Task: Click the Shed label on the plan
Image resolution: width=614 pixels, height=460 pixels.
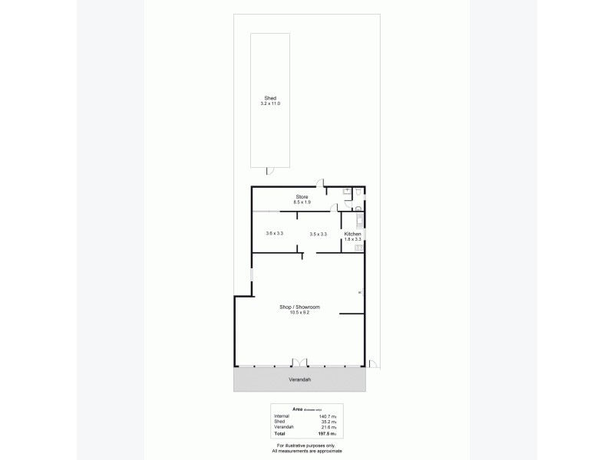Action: click(x=270, y=98)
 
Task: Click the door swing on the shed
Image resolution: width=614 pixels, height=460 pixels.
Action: click(x=268, y=170)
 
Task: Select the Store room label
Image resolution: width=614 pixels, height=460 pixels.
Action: click(x=302, y=197)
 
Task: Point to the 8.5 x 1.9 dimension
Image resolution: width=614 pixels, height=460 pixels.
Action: click(x=302, y=202)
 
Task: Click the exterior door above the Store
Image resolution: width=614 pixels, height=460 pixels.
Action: click(x=322, y=184)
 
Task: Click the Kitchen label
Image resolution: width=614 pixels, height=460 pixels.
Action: click(x=352, y=234)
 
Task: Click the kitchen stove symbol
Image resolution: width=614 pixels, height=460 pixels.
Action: click(x=358, y=248)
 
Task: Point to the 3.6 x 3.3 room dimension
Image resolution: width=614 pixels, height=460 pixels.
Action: click(x=275, y=234)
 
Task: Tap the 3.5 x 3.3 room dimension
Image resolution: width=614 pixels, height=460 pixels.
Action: click(x=319, y=234)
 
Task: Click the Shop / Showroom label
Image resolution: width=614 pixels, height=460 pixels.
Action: click(x=299, y=307)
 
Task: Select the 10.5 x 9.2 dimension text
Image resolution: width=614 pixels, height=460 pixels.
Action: click(x=299, y=312)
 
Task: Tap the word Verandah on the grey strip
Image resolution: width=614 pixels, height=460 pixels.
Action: click(x=300, y=379)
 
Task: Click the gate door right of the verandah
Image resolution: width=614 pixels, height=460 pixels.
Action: click(x=373, y=363)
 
